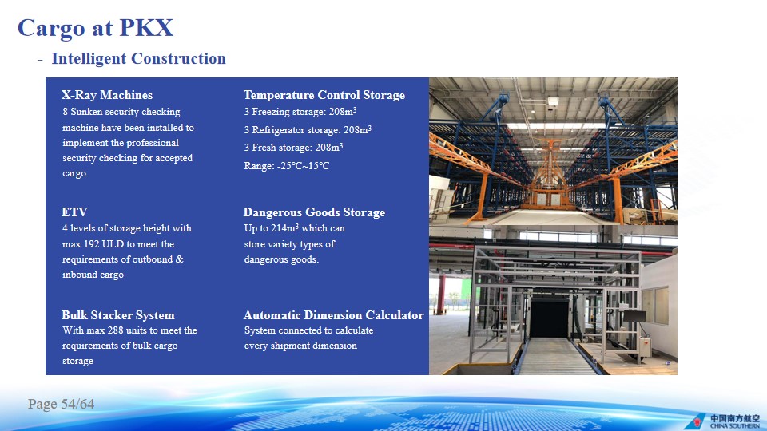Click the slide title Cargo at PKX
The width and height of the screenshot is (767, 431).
click(x=95, y=28)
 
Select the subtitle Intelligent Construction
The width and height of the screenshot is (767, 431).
click(x=138, y=58)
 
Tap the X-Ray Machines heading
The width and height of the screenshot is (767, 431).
click(x=107, y=95)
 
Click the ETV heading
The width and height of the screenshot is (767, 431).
click(x=74, y=212)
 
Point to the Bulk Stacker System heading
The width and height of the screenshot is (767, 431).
click(x=118, y=315)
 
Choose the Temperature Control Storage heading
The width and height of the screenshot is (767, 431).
click(x=324, y=95)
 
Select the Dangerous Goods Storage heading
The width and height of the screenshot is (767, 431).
click(x=314, y=212)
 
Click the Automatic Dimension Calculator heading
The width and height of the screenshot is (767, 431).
click(x=334, y=315)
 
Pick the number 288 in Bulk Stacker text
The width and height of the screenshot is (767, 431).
click(x=115, y=330)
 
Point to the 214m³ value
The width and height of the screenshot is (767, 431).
click(x=284, y=228)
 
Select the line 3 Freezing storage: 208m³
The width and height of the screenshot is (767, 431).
click(x=300, y=112)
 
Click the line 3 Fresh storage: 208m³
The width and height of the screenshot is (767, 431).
click(x=293, y=148)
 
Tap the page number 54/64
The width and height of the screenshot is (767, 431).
click(x=77, y=404)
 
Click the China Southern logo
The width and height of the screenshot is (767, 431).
click(x=722, y=421)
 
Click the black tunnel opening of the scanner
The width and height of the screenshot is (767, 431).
click(x=550, y=318)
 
